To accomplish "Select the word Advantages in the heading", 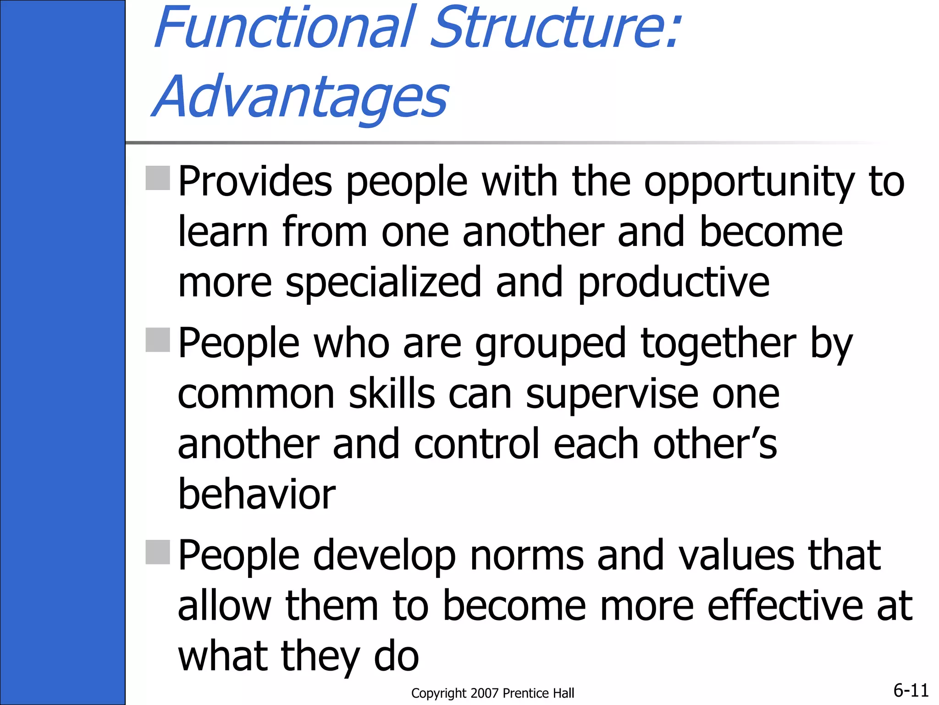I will (x=300, y=97).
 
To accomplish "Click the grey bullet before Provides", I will (x=158, y=178).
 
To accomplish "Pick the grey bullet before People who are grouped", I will (x=158, y=340).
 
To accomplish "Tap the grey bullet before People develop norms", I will (x=158, y=552).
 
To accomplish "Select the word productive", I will (x=673, y=283).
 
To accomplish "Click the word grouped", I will (x=550, y=345).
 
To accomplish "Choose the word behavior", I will (x=257, y=494).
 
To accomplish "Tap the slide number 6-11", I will (x=911, y=690).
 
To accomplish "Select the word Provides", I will (x=255, y=182).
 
